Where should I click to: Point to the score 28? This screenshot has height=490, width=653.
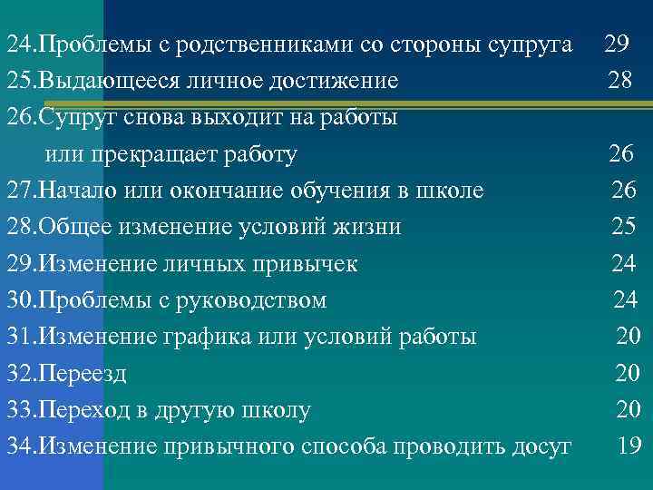click(621, 81)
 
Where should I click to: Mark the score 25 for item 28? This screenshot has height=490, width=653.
click(623, 227)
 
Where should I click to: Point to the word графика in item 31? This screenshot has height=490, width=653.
click(203, 337)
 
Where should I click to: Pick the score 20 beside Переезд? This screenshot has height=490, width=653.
click(628, 373)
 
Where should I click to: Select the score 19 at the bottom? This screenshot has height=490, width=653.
click(629, 446)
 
